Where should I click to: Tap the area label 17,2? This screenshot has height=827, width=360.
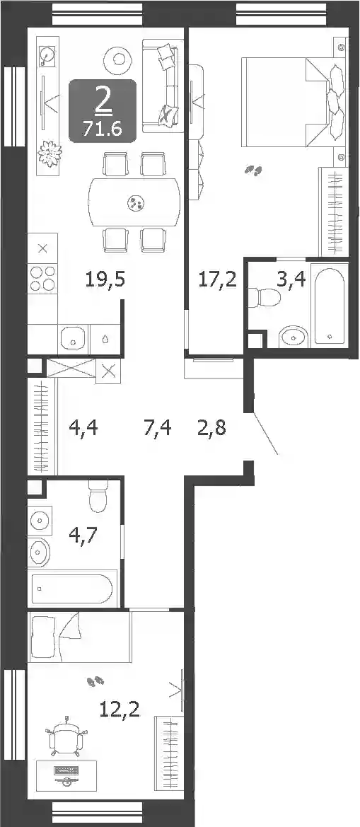217,279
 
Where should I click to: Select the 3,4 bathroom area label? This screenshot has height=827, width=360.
291,279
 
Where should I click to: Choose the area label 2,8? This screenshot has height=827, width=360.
211,427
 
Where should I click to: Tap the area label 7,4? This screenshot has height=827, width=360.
157,427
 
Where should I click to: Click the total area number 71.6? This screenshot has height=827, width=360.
103,127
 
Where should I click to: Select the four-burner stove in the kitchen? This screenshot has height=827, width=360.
42,278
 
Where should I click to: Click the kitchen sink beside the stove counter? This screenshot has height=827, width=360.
73,337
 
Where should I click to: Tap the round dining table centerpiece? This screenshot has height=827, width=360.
136,202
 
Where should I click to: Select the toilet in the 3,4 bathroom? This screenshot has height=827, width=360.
265,298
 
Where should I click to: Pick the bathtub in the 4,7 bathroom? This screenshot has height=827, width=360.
72,588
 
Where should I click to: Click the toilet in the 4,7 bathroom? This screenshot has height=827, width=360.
99,496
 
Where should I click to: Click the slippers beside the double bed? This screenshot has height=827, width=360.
253,170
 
